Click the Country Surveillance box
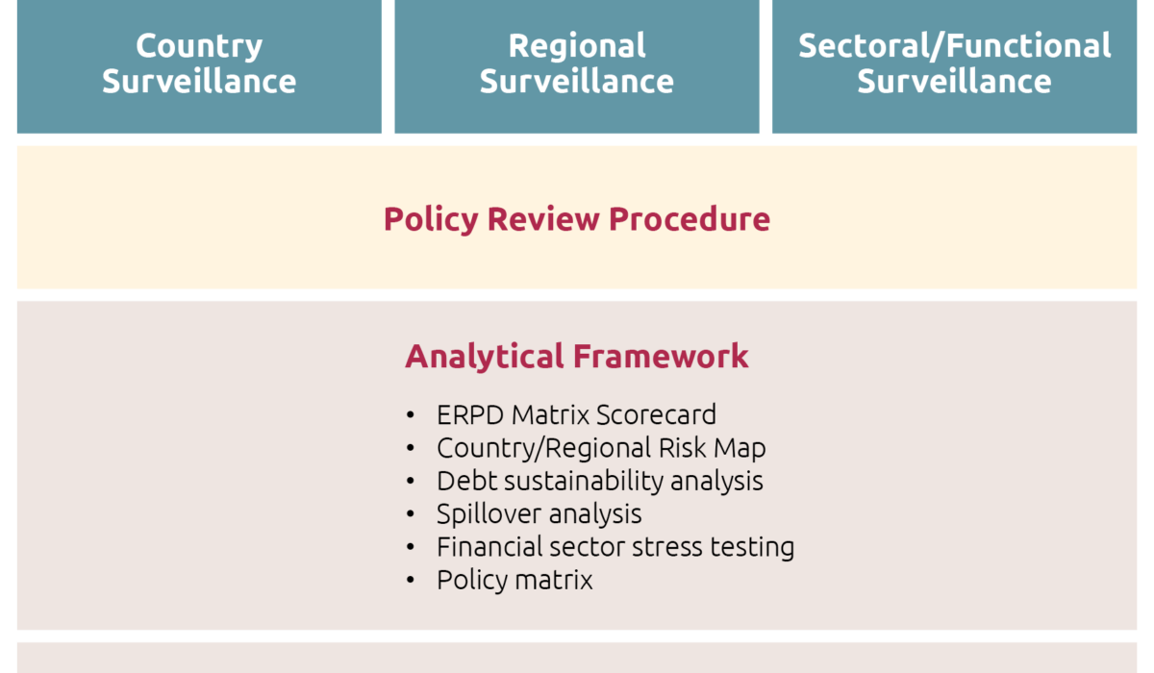[199, 66]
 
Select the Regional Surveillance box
[577, 66]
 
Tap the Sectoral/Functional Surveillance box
[955, 66]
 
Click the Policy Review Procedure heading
[577, 219]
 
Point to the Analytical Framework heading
[577, 357]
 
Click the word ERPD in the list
[470, 415]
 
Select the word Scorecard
[656, 415]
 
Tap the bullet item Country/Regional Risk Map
[601, 448]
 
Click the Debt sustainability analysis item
[600, 481]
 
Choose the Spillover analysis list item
[539, 514]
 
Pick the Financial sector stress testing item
[615, 547]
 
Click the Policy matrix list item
[514, 580]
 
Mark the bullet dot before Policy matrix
[410, 580]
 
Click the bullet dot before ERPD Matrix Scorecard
[410, 415]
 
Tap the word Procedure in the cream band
[690, 219]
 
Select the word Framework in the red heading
[661, 357]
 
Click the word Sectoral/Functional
[955, 46]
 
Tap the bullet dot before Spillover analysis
[410, 514]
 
